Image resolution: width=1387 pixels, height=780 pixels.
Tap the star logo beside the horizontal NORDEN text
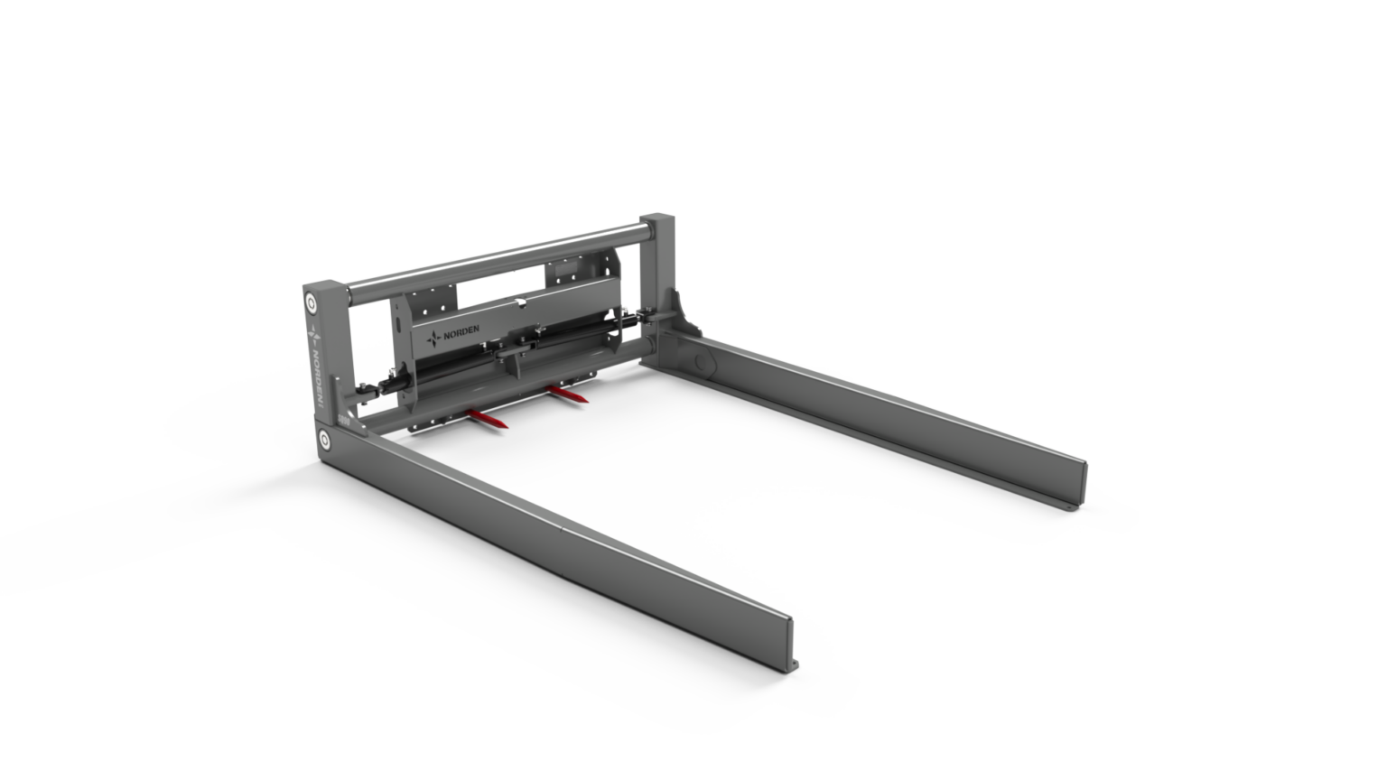pyautogui.click(x=436, y=339)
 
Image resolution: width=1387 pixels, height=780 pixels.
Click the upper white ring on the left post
pyautogui.click(x=312, y=301)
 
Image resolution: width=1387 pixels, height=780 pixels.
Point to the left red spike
pyautogui.click(x=488, y=419)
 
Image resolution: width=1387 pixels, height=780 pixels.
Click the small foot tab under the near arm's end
pyautogui.click(x=795, y=668)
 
